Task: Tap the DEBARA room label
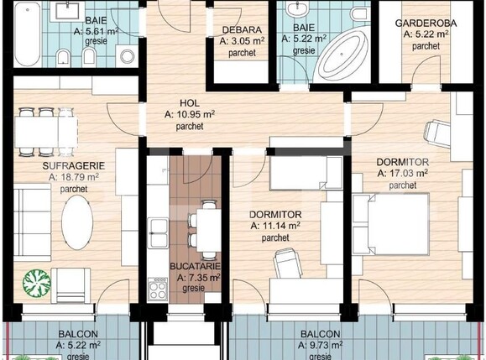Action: tap(238, 28)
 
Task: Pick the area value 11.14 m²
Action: tap(275, 226)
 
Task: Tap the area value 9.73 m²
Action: tap(321, 344)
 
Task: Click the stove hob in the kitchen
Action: tap(158, 290)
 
